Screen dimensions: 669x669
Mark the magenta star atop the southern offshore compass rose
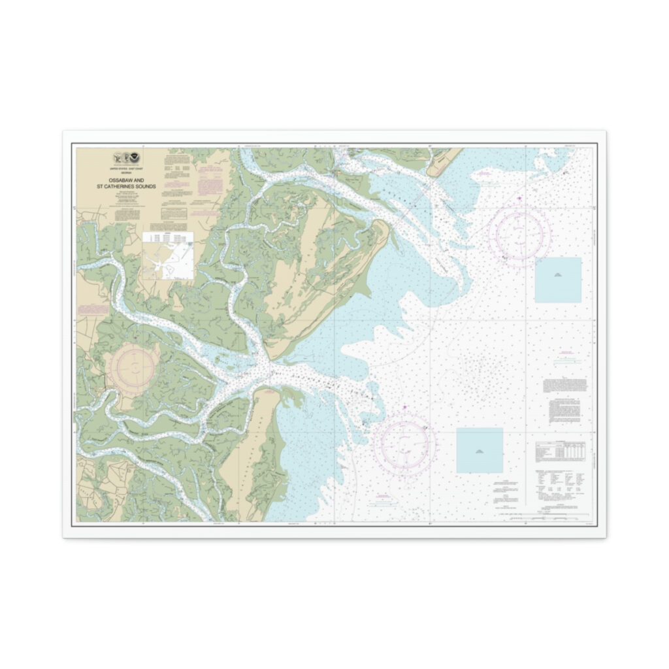[406, 408]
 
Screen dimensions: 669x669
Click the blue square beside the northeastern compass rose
[558, 280]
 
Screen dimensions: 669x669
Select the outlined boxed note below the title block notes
[174, 213]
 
